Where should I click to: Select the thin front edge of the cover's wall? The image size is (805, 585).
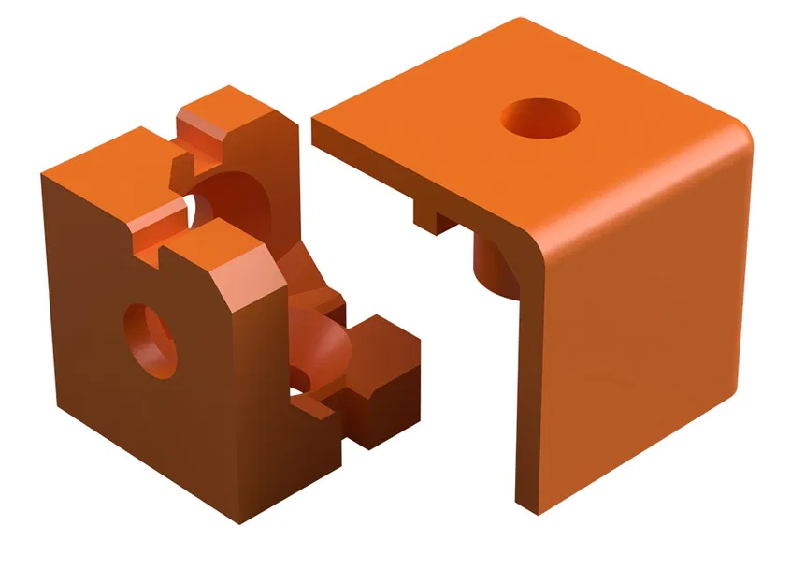529,374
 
